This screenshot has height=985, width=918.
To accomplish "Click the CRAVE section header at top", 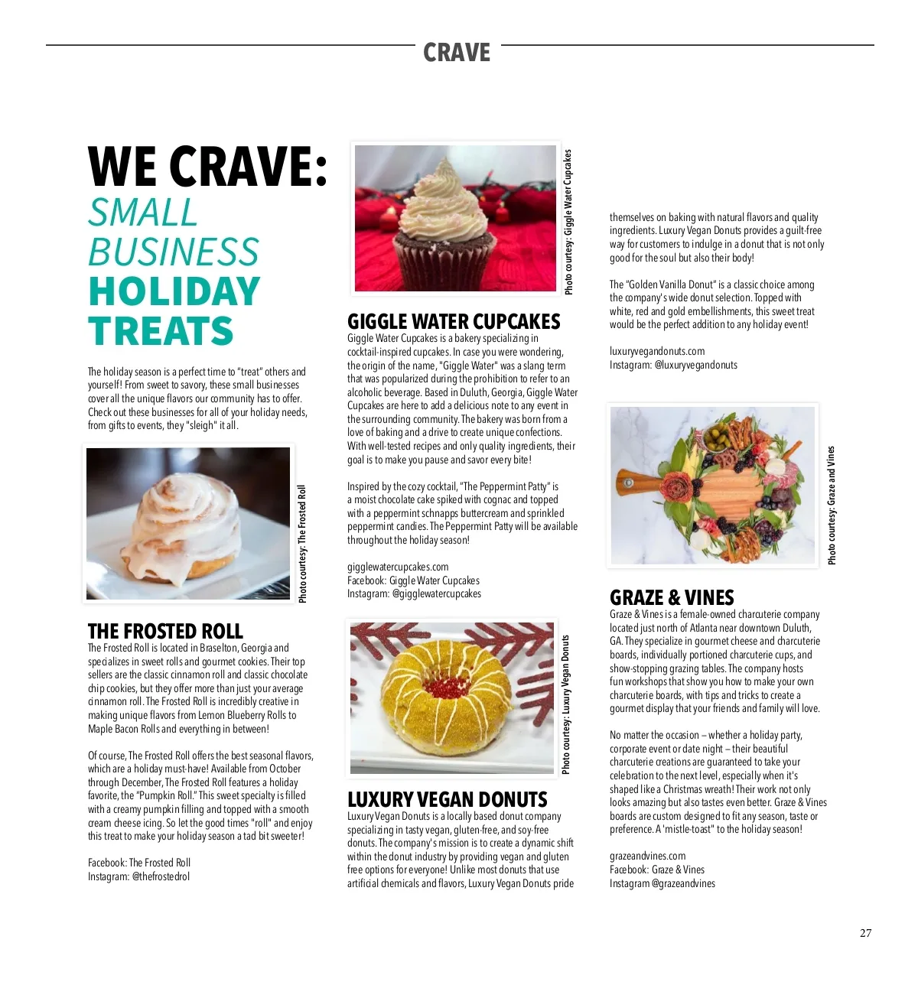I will tap(457, 53).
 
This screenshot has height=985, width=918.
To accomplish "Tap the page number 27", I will tap(865, 933).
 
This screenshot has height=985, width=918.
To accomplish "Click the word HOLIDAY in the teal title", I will tap(174, 291).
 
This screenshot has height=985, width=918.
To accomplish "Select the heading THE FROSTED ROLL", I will tap(165, 631).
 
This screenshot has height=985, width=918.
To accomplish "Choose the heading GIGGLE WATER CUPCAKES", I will tap(454, 321).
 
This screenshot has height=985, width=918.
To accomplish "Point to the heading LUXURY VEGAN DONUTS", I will tap(447, 800).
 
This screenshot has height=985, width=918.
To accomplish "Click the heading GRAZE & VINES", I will tap(672, 597).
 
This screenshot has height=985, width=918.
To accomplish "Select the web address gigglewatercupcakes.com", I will tap(398, 567).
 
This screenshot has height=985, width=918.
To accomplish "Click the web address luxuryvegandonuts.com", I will tap(657, 351).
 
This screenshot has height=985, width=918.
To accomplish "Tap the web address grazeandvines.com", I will tap(647, 856).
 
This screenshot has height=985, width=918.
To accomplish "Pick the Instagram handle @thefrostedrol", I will tap(161, 876).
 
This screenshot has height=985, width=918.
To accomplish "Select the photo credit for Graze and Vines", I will tap(832, 506).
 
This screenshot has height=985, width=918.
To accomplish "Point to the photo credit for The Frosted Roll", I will tap(302, 543).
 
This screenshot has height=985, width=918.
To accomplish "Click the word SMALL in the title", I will tap(143, 213).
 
